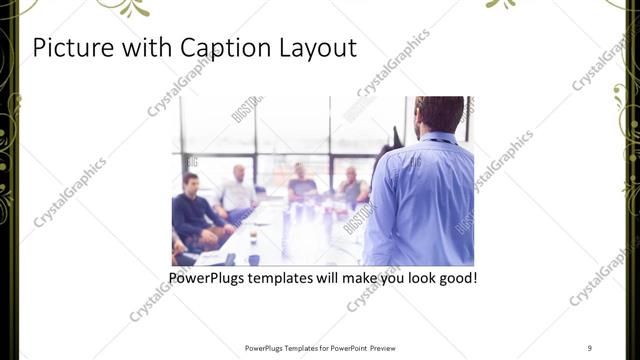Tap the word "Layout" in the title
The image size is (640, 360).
pos(313,47)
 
